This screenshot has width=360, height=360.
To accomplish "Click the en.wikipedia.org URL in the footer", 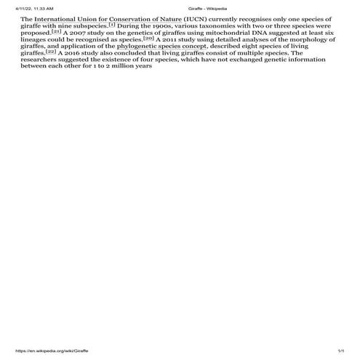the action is click(x=52, y=351).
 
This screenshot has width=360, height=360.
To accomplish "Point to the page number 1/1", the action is click(x=339, y=351).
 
